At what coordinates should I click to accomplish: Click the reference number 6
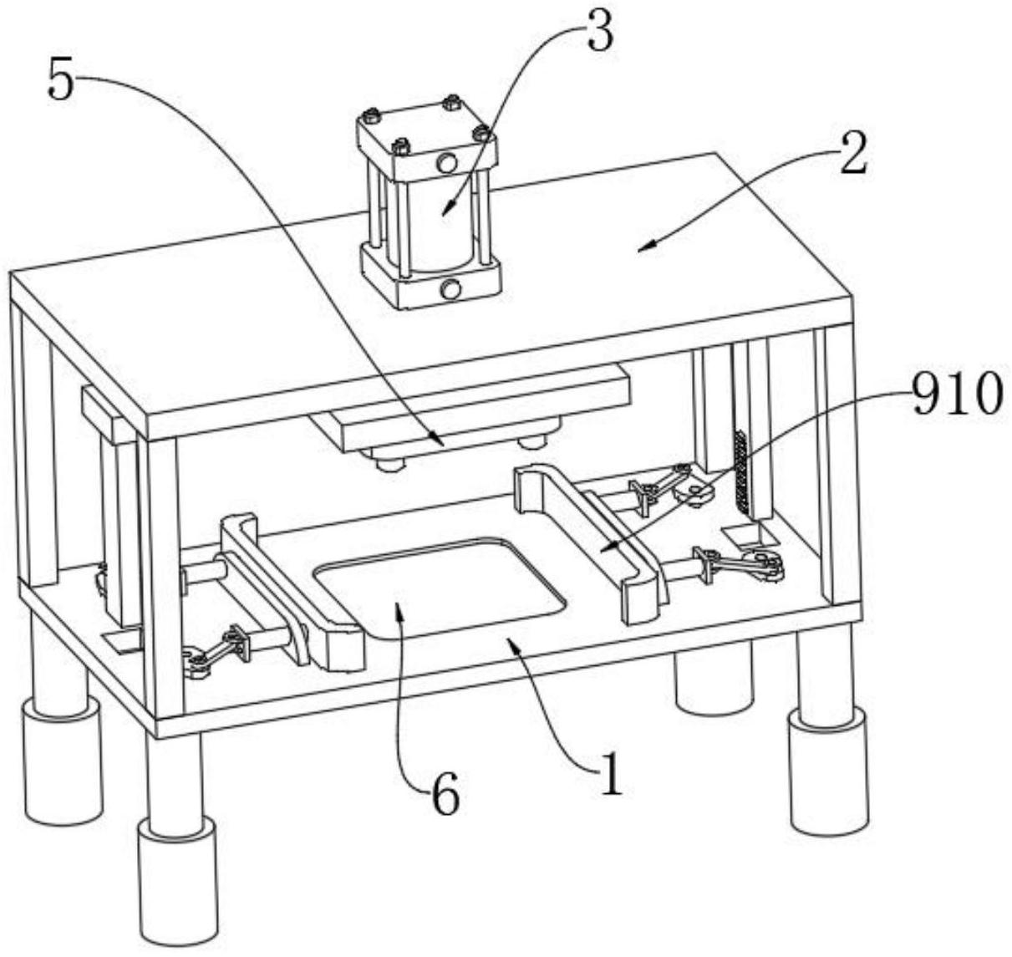click(445, 797)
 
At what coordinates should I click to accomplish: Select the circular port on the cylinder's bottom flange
click(451, 290)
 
